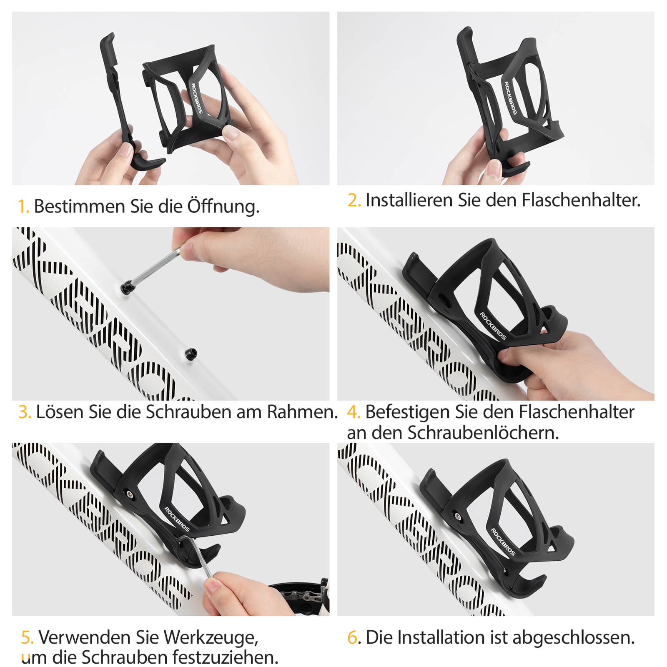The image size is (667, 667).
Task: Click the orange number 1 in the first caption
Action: click(23, 206)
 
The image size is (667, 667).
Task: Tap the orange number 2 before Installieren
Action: click(354, 201)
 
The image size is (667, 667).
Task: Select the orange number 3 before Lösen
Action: click(25, 412)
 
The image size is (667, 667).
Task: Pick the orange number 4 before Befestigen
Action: click(353, 412)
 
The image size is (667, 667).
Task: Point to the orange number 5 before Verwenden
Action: click(27, 637)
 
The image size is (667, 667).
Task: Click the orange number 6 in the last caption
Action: click(352, 638)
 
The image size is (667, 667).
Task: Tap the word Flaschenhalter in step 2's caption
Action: click(581, 201)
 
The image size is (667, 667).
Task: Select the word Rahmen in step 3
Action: click(302, 412)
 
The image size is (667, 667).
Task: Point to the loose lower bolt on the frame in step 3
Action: click(191, 354)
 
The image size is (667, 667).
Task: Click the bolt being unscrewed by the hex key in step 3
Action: click(125, 287)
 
